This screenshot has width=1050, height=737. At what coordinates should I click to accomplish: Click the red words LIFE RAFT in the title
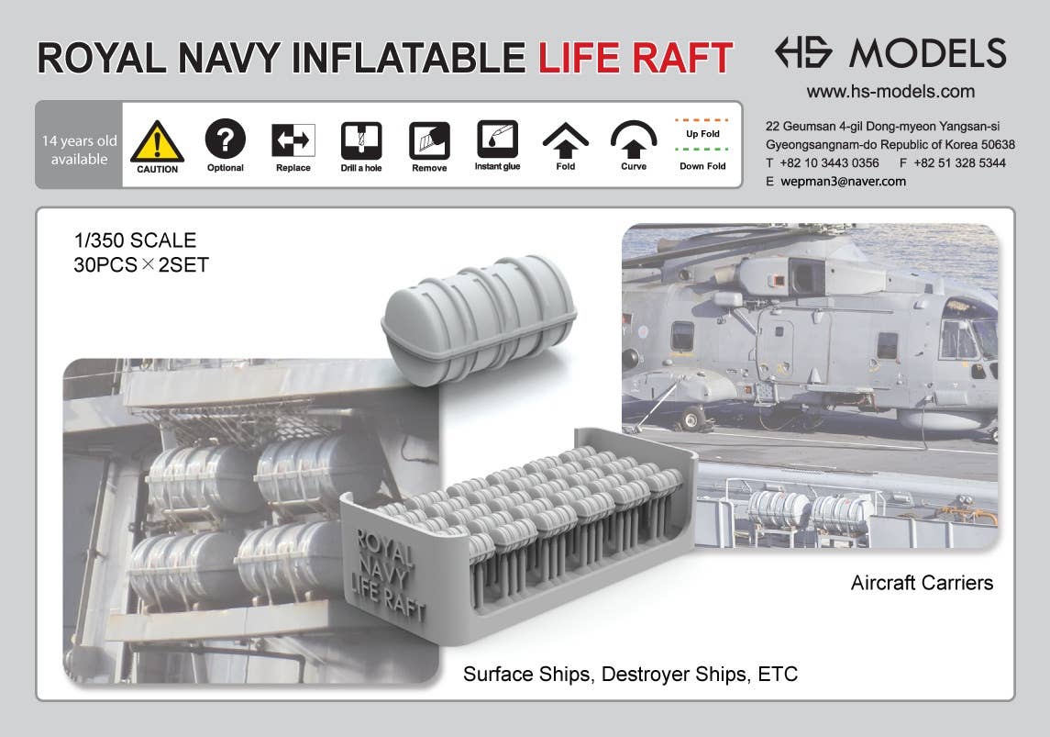point(635,57)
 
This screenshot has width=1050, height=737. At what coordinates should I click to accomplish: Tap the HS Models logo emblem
point(803,52)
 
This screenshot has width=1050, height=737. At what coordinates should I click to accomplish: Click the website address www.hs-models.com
point(890,92)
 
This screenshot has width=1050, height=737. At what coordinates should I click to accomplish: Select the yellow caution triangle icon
point(157,141)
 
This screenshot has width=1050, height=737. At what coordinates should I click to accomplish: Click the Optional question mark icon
point(225,140)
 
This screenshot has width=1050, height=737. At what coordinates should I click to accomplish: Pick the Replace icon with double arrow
point(293,140)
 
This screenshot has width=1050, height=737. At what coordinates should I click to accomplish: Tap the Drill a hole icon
point(361,140)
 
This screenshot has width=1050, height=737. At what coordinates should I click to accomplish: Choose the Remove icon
point(429,140)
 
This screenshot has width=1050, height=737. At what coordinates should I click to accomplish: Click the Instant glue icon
point(497,139)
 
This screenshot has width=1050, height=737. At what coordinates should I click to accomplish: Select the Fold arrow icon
point(566,140)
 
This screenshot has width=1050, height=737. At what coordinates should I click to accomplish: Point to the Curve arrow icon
point(634,140)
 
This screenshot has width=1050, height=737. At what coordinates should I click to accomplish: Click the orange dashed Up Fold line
point(702,119)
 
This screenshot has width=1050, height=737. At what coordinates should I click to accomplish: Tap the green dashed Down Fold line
point(702,149)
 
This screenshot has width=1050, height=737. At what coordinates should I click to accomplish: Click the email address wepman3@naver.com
point(843,182)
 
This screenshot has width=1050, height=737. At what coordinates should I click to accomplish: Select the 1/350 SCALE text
point(135,240)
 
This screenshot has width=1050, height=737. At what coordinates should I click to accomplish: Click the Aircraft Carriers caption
point(921,583)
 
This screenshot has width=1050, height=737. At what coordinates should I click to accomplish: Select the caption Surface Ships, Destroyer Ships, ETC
point(630,675)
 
